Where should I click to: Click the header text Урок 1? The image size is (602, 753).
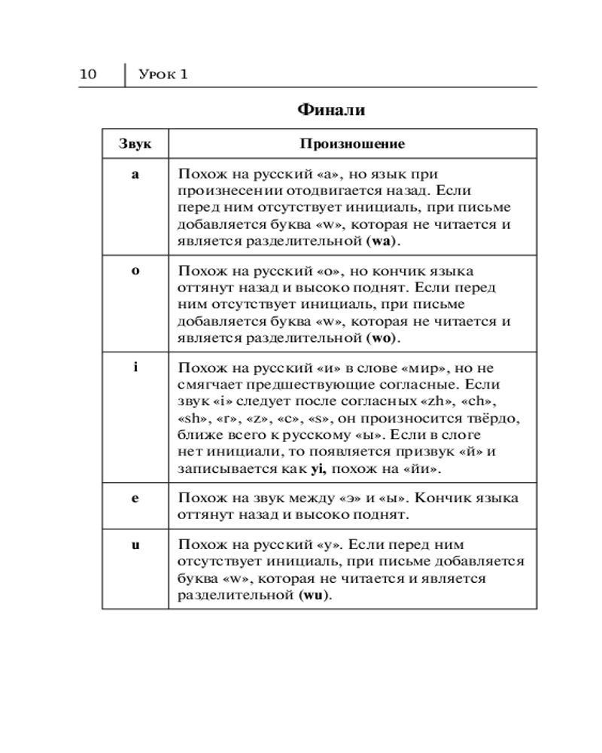pyautogui.click(x=163, y=74)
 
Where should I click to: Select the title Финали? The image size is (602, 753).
pyautogui.click(x=331, y=110)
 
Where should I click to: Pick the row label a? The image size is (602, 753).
pyautogui.click(x=135, y=174)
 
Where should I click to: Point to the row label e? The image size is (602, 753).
pyautogui.click(x=135, y=498)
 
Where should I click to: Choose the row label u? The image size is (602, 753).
pyautogui.click(x=135, y=544)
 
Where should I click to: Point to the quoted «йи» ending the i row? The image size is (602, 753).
pyautogui.click(x=424, y=468)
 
